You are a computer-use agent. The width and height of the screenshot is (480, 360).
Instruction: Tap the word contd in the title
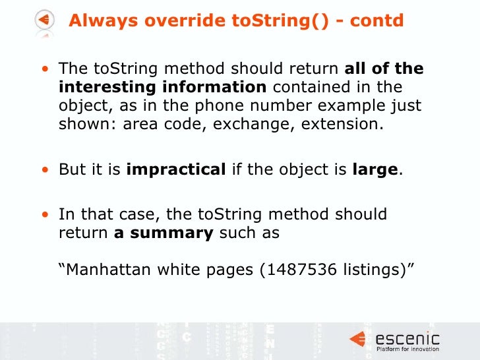(378, 21)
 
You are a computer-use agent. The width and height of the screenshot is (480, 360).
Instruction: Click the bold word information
(208, 88)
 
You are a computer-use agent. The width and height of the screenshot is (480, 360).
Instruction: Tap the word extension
(341, 125)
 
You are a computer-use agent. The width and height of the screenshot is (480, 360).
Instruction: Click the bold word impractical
(176, 169)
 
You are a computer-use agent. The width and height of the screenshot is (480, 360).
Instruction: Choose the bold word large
(371, 169)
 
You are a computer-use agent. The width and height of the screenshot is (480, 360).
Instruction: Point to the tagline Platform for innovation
(407, 349)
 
